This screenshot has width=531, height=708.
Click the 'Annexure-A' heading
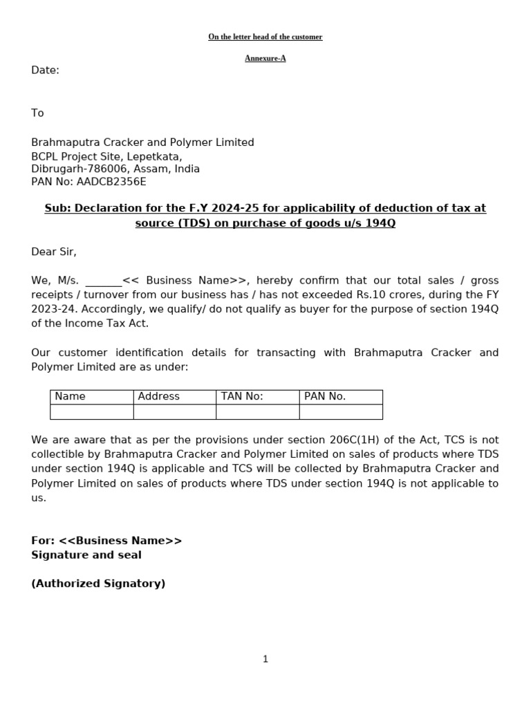tap(265, 58)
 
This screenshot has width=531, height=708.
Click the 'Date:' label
tap(45, 71)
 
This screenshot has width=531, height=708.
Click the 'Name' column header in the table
tap(70, 397)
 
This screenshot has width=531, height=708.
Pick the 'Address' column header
tap(158, 397)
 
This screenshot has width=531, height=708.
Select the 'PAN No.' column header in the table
tap(324, 397)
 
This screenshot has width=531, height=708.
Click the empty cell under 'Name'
tap(91, 412)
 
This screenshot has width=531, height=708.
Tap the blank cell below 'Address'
tap(174, 412)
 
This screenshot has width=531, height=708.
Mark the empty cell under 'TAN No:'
tap(257, 412)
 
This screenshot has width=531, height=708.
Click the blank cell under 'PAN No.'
tap(341, 412)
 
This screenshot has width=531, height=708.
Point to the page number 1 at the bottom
tap(265, 660)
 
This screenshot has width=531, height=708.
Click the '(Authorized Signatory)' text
tap(98, 584)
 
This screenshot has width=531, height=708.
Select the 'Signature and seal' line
tap(86, 555)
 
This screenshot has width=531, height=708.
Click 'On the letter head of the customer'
tap(265, 37)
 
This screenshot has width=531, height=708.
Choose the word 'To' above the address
tap(37, 113)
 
